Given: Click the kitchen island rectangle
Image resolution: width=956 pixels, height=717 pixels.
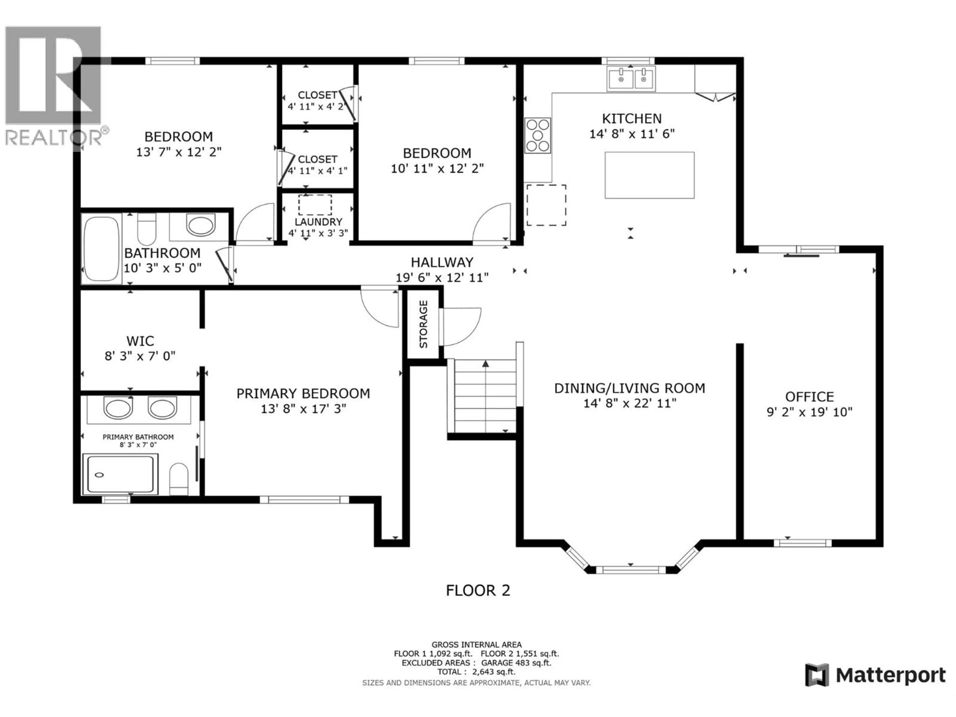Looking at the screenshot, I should pos(649,175).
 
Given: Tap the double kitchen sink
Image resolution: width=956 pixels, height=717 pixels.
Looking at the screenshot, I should pos(631,79).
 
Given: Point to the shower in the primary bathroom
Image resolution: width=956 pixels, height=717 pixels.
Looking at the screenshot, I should pos(120,474).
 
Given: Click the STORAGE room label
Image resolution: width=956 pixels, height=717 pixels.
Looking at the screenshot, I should pos(423,324).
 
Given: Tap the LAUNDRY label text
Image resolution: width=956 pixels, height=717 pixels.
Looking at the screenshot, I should pos(318,222).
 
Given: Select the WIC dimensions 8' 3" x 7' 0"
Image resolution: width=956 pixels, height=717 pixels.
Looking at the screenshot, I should pos(140,356).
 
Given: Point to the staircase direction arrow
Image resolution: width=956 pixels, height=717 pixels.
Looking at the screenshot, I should pos(486,364).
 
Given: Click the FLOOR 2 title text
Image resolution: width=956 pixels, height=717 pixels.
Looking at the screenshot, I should pos(478,590).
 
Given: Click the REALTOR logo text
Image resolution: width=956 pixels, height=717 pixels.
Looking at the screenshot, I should pos(54,137).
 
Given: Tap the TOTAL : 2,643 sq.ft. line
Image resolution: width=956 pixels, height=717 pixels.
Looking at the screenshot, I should pos(476,672).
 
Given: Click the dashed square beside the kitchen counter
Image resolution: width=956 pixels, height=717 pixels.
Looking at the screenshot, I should pos(546,205).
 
